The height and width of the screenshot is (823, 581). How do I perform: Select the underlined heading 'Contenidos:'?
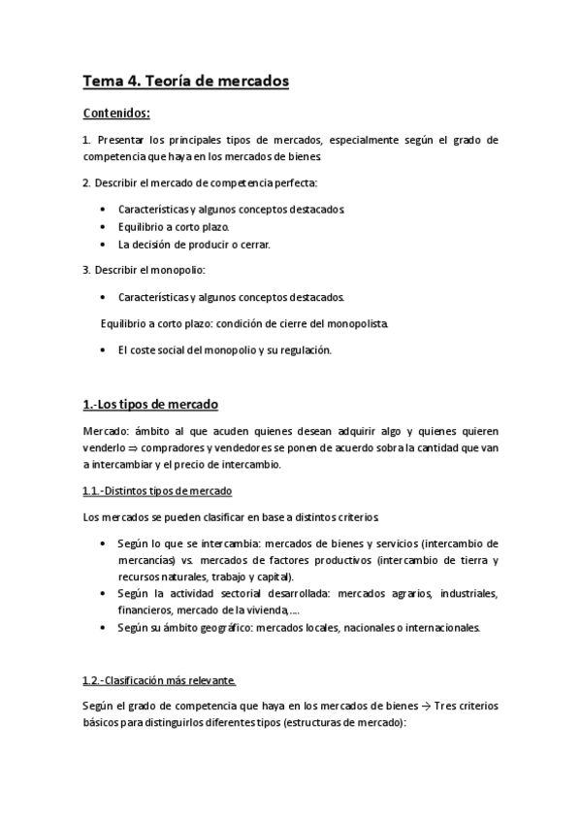(x=116, y=113)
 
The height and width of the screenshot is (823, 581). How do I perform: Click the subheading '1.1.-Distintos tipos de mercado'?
(x=157, y=492)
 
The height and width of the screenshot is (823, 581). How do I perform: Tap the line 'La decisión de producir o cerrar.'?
(x=194, y=245)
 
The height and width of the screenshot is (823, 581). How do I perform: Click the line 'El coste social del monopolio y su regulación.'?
(x=224, y=350)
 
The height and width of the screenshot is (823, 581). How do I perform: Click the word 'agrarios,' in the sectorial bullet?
(x=413, y=592)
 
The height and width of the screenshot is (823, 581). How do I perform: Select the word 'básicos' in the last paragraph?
(x=101, y=723)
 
